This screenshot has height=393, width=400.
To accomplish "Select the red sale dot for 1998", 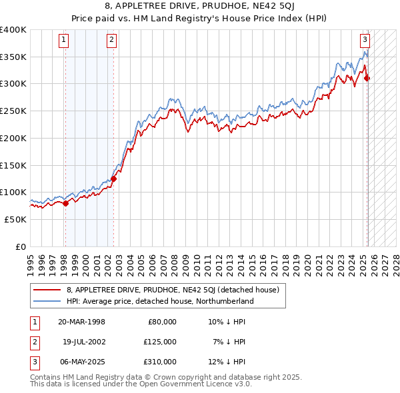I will click(65, 203).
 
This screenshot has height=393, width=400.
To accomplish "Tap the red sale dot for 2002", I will click(114, 179).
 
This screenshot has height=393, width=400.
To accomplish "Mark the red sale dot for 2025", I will click(367, 79).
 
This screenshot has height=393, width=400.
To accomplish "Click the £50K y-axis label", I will click(15, 219).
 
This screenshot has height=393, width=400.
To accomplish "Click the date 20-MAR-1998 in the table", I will click(81, 322).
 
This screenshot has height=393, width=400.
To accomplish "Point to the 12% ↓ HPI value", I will click(227, 362).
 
